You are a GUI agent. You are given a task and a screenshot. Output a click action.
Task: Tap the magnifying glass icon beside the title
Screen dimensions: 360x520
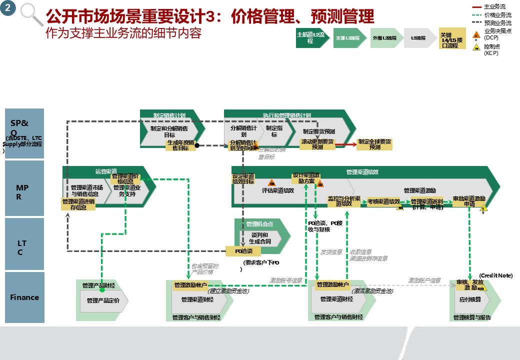pos(30,14)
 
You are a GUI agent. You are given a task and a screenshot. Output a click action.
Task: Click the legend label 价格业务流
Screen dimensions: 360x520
pos(497,15)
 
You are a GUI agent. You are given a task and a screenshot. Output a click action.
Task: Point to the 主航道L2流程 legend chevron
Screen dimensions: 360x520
pos(311,38)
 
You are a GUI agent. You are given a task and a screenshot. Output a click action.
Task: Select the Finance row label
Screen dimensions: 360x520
pos(24,297)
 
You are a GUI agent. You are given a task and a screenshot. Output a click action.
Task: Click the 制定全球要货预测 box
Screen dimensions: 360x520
pos(374,144)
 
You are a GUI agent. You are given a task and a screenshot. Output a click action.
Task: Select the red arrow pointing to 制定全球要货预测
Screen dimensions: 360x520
pos(345,144)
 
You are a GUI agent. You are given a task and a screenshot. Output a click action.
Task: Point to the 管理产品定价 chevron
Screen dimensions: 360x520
pos(103,300)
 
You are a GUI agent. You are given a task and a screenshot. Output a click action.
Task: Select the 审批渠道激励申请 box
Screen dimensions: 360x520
pos(469,201)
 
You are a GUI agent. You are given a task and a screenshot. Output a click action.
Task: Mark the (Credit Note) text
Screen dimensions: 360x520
pos(495,275)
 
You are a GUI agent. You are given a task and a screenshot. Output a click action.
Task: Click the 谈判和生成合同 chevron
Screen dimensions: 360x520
pos(260,238)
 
